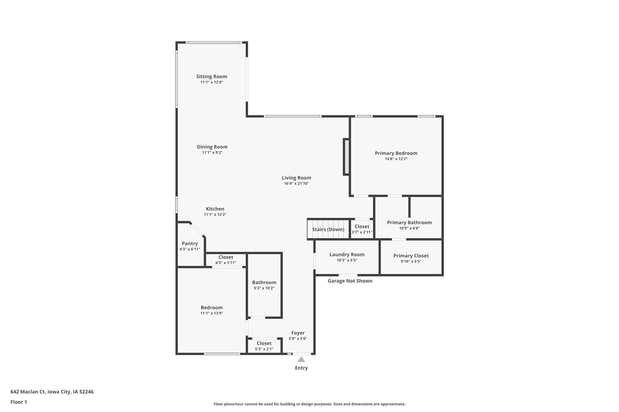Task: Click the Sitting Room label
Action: pyautogui.click(x=211, y=76)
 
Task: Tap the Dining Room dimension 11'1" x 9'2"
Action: pyautogui.click(x=212, y=153)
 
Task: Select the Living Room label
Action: pyautogui.click(x=296, y=178)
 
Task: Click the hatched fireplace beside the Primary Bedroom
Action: pyautogui.click(x=346, y=157)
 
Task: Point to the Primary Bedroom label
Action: pyautogui.click(x=396, y=153)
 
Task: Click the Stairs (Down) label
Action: pyautogui.click(x=328, y=229)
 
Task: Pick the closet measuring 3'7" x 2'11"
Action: pyautogui.click(x=362, y=229)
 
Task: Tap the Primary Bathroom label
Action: pyautogui.click(x=409, y=223)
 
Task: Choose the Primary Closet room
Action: pyautogui.click(x=411, y=258)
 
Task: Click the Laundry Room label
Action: pyautogui.click(x=347, y=255)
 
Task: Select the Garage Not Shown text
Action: pyautogui.click(x=350, y=281)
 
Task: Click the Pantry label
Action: pyautogui.click(x=190, y=243)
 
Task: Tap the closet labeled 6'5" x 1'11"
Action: pyautogui.click(x=225, y=260)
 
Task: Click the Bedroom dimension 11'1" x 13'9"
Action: pyautogui.click(x=212, y=313)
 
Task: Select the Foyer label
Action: pyautogui.click(x=298, y=333)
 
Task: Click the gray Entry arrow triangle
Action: pyautogui.click(x=301, y=359)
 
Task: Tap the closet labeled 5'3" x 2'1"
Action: pyautogui.click(x=264, y=346)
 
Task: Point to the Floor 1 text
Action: pyautogui.click(x=19, y=402)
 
